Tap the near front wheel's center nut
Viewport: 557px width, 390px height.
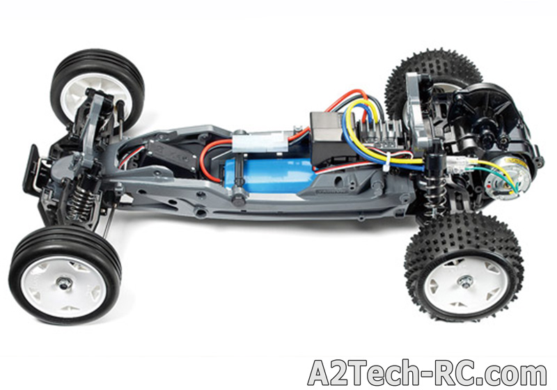(x=65, y=283)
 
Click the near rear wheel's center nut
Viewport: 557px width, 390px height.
(x=464, y=282)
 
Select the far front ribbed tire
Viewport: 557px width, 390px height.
(x=97, y=89)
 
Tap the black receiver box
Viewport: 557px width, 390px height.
(x=329, y=136)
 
